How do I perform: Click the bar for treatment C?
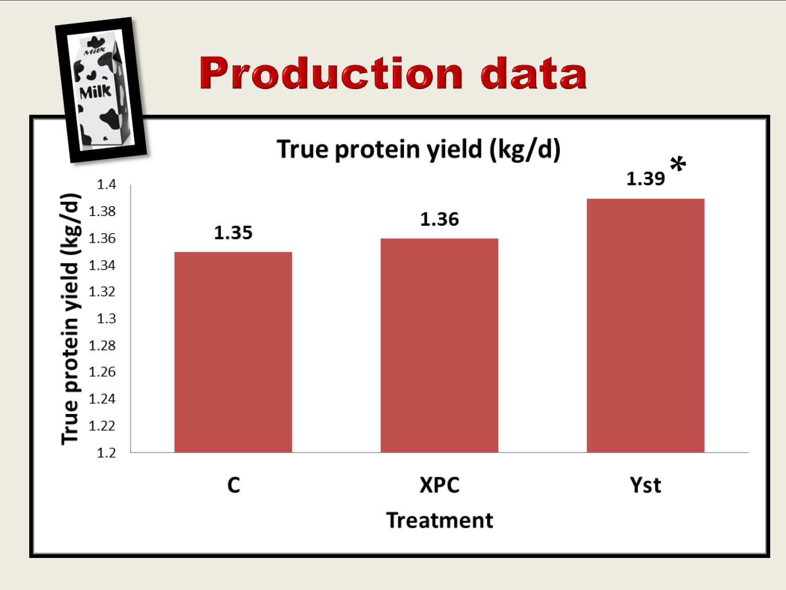point(233,352)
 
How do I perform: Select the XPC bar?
point(439,345)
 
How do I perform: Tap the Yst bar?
point(645,325)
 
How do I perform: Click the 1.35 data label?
point(233,233)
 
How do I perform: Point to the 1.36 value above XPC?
point(439,219)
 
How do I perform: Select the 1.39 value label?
point(645,179)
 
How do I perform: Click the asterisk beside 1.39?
point(678,164)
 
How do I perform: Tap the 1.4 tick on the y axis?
point(106,184)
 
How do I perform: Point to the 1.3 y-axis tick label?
point(106,319)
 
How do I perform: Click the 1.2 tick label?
point(106,453)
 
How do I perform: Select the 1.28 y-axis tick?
point(102,346)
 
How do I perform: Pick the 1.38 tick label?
point(102,211)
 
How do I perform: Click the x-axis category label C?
point(234,485)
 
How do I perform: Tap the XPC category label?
point(439,485)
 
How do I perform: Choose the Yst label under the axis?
point(645,485)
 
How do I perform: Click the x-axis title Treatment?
point(439,520)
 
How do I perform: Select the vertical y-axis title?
point(71,319)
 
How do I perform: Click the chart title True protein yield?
point(418,150)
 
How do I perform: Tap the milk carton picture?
point(101,90)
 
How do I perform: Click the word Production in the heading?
point(331,73)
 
